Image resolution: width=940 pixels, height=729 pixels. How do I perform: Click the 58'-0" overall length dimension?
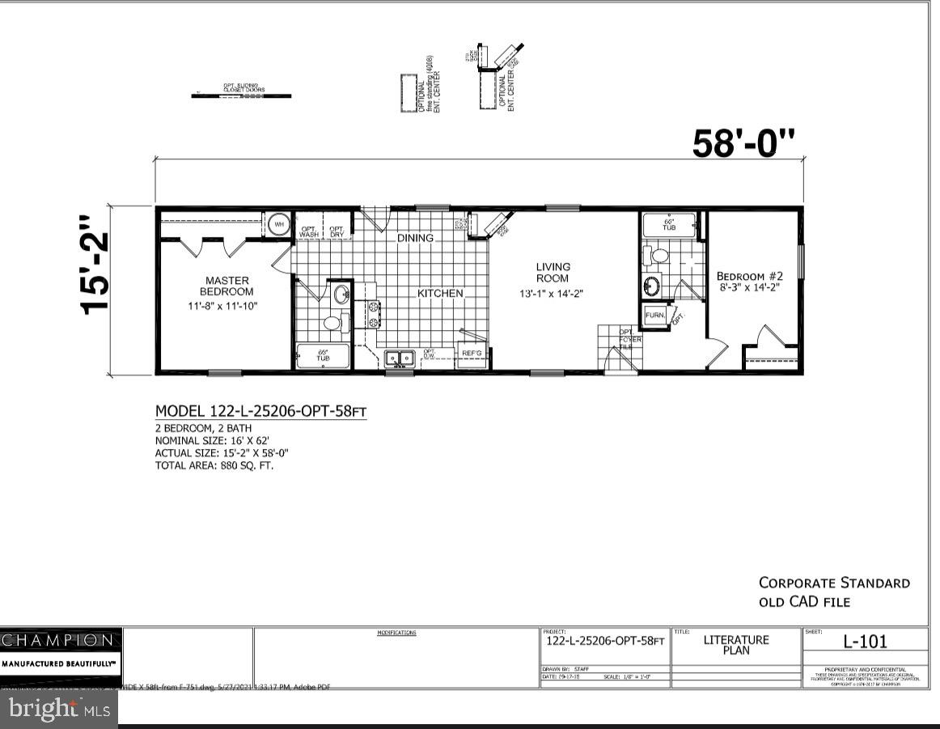point(743,143)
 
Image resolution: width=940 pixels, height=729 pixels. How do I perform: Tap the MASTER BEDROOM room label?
point(227,286)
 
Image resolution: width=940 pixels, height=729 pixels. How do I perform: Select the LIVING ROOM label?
point(553,272)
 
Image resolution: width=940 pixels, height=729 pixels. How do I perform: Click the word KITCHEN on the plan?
point(440,293)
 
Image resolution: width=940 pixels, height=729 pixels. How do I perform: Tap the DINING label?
point(414,238)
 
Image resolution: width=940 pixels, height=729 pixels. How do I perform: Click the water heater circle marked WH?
point(278,224)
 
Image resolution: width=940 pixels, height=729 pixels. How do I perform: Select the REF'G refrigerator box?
point(471,354)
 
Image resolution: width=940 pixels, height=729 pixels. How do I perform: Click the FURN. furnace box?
point(654,316)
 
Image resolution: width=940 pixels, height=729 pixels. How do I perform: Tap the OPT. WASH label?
point(309,231)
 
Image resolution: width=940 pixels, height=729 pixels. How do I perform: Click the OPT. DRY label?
point(337,231)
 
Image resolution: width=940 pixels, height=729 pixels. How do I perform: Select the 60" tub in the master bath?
point(323,356)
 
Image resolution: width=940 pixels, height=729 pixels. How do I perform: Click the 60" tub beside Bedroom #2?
point(669,224)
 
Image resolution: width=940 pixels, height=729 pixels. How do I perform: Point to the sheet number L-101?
point(865,642)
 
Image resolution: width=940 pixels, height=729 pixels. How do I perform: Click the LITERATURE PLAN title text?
point(736,645)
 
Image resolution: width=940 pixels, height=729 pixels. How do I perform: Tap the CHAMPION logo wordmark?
point(58,640)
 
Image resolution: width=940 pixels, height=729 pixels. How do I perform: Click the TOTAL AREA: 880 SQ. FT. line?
point(214,466)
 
